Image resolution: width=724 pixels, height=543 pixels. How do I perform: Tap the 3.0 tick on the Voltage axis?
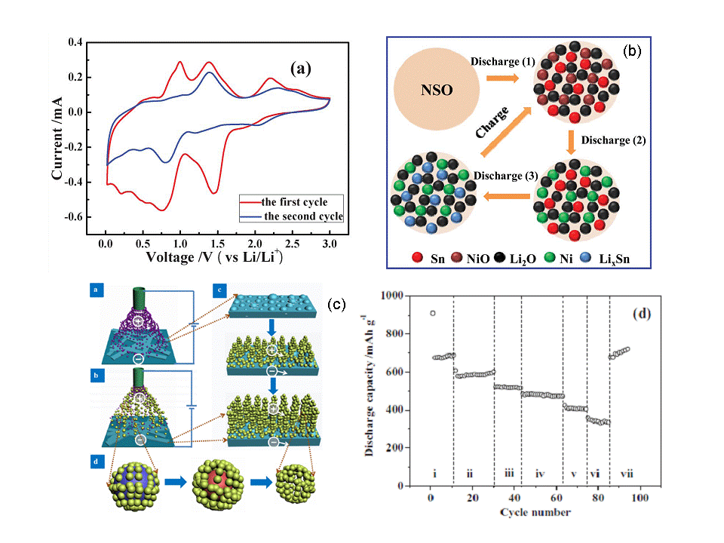pos(330,244)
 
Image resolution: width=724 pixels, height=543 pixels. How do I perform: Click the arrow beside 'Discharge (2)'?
pos(572,140)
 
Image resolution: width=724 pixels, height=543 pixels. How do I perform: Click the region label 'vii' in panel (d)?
pos(623,474)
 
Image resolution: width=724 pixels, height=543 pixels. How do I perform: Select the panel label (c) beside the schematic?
pos(336,305)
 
